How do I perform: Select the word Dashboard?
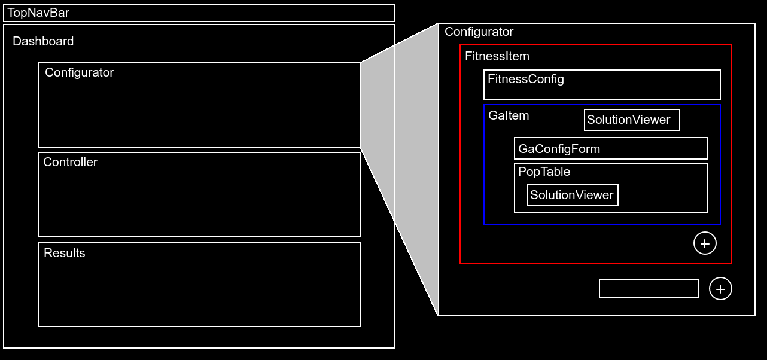click(43, 41)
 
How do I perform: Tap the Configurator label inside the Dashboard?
click(79, 72)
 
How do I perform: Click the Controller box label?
click(70, 162)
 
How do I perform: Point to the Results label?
click(65, 253)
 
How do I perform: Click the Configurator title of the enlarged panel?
click(479, 32)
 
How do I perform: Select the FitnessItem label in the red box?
click(497, 57)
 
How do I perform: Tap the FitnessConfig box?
click(601, 85)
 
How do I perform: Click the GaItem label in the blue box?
click(509, 115)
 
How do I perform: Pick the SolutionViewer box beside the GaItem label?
click(632, 120)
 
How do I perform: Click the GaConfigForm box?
click(610, 148)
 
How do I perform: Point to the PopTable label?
click(544, 172)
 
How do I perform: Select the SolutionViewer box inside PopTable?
click(572, 195)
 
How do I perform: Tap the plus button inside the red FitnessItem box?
click(705, 243)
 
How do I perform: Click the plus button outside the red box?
click(720, 289)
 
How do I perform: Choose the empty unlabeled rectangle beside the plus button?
click(649, 288)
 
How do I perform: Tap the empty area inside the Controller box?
click(199, 203)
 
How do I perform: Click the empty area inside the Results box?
click(199, 293)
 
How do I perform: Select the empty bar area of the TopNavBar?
click(239, 13)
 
